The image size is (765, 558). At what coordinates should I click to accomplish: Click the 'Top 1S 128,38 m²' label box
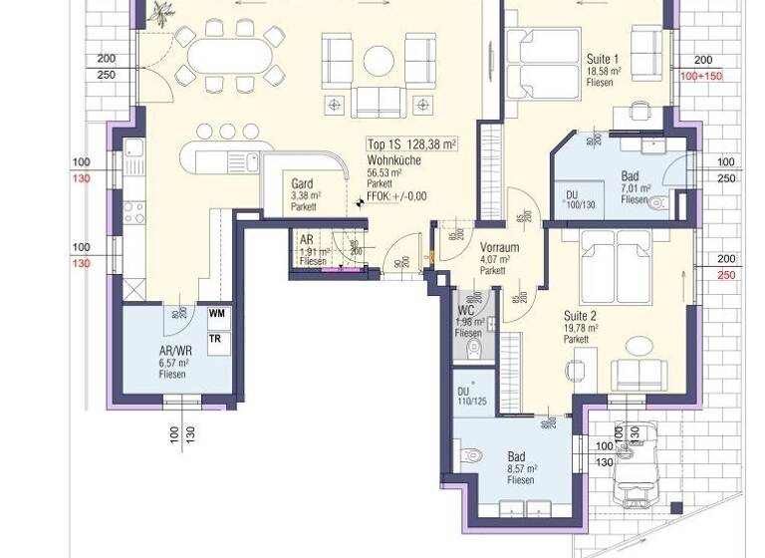pyautogui.click(x=411, y=144)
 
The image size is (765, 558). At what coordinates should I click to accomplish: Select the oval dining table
pyautogui.click(x=229, y=58)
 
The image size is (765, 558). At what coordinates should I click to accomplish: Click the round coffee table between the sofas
pyautogui.click(x=380, y=61)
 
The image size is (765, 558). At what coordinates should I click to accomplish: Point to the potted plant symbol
pyautogui.click(x=161, y=10)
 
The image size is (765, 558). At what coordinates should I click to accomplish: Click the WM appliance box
pyautogui.click(x=217, y=314)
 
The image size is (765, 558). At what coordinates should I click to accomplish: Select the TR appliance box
pyautogui.click(x=215, y=338)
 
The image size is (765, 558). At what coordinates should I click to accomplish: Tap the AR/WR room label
pyautogui.click(x=175, y=352)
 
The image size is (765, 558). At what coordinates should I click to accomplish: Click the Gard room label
pyautogui.click(x=303, y=184)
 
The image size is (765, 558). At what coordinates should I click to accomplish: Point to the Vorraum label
pyautogui.click(x=495, y=247)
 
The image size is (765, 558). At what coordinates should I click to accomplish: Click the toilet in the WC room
pyautogui.click(x=474, y=348)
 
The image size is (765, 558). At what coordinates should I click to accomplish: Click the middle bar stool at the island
pyautogui.click(x=227, y=131)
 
